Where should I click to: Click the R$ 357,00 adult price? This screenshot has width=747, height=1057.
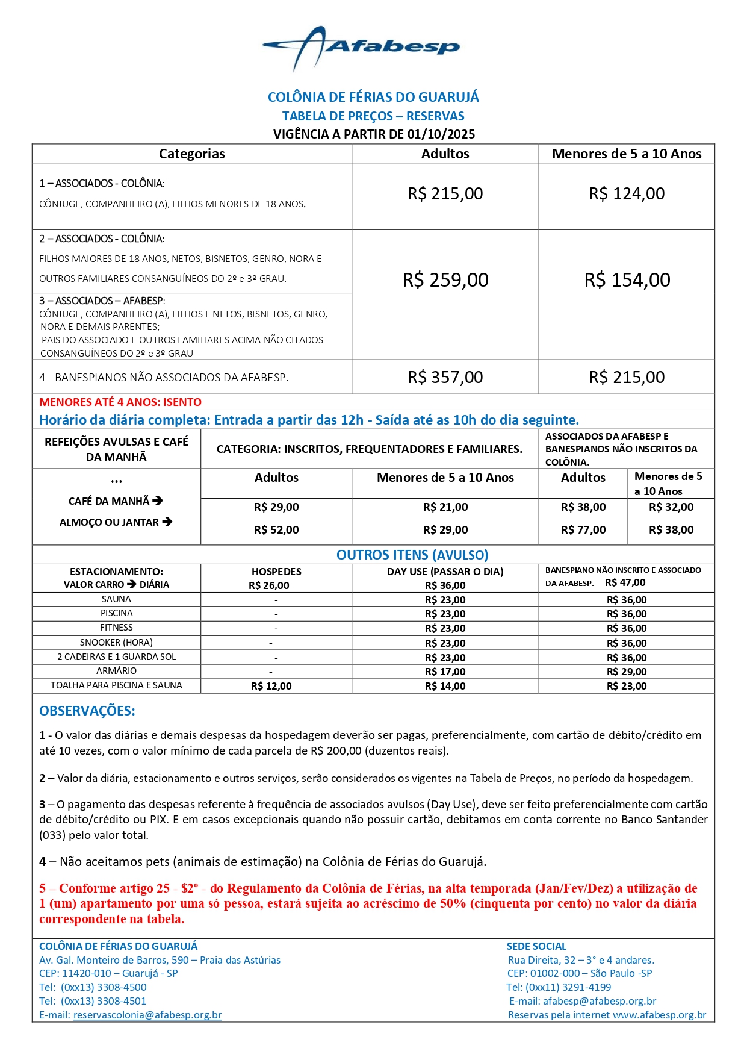445,378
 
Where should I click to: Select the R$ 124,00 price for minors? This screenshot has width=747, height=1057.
627,194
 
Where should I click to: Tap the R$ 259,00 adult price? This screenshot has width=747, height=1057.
445,280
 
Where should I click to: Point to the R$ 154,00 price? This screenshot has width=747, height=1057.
627,280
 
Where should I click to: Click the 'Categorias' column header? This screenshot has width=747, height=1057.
191,154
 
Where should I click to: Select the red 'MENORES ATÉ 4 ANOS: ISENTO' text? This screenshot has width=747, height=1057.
120,402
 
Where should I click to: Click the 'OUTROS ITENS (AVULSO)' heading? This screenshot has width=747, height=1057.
412,555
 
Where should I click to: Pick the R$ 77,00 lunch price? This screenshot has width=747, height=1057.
583,530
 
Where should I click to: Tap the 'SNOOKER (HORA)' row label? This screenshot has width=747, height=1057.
116,643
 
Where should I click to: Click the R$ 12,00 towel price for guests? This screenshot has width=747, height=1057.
271,686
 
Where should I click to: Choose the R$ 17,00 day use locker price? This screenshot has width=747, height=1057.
445,672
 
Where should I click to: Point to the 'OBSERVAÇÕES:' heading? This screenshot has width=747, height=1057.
87,711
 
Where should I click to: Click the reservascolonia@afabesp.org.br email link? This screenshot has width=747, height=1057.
147,1015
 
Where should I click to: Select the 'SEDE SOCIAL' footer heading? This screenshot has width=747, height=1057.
536,946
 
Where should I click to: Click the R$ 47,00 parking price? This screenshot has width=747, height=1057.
625,583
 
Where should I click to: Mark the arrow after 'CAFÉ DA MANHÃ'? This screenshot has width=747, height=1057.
158,500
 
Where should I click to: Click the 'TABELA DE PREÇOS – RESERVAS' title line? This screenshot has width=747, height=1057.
373,116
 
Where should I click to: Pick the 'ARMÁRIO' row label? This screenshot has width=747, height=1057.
116,671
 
